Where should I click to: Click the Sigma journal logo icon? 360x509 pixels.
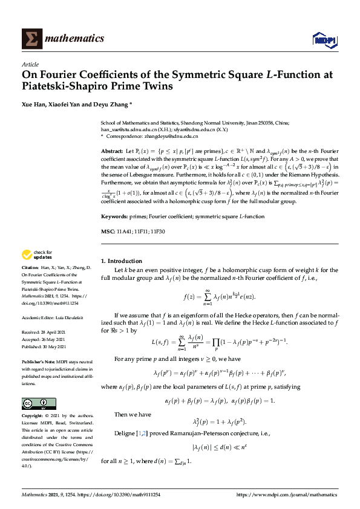click(x=32, y=38)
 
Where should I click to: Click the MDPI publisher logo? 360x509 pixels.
click(x=324, y=40)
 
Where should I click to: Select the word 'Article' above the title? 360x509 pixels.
click(x=30, y=64)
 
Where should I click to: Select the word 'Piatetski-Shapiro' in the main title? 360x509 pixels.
click(x=67, y=86)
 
